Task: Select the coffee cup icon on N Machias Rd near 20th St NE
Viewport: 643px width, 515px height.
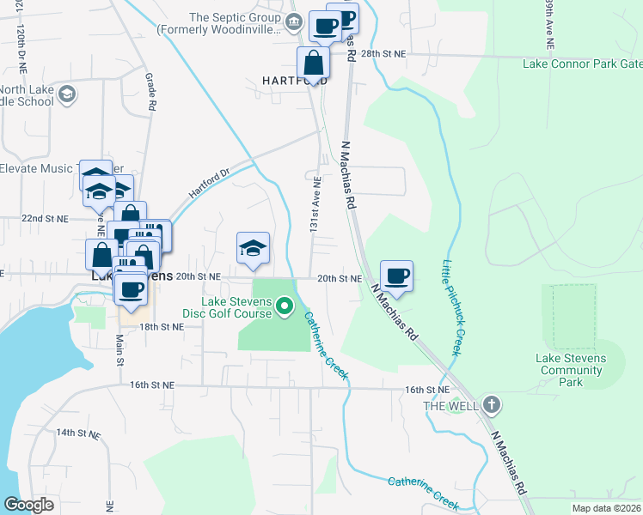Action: coord(396,276)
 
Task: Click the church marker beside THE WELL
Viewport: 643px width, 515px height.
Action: coord(491,403)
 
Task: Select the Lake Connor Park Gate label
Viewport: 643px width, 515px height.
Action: coord(581,64)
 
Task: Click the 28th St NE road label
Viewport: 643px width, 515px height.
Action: coord(383,53)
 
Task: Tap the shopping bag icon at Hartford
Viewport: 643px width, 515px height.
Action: coord(314,63)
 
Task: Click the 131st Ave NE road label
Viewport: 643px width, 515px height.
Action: coord(315,197)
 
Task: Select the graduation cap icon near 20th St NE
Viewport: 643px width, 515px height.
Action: coord(253,249)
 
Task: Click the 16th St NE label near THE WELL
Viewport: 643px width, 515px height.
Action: coord(427,390)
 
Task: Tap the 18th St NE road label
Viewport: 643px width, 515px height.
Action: coord(162,327)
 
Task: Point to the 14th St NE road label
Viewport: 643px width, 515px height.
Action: coord(78,433)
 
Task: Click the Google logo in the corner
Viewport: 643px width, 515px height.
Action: coord(28,505)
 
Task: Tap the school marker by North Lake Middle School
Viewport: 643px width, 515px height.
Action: coord(68,94)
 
